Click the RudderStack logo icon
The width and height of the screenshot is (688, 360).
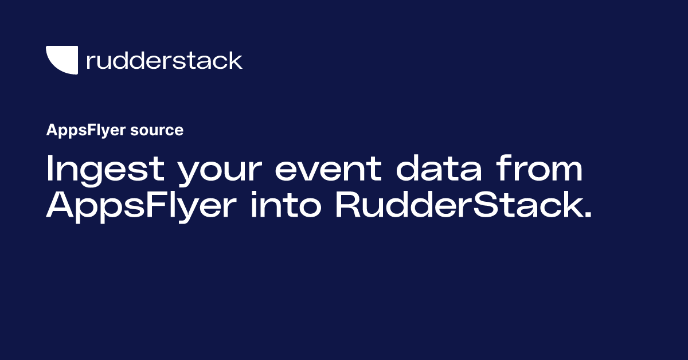(61, 60)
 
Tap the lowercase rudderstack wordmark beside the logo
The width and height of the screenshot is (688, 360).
(164, 60)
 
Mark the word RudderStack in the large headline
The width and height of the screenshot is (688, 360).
(456, 205)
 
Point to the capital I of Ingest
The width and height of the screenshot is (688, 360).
(49, 169)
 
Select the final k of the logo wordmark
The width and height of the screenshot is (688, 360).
(236, 60)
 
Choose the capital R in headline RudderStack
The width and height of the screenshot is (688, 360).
(346, 205)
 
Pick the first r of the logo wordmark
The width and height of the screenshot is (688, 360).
(89, 62)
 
